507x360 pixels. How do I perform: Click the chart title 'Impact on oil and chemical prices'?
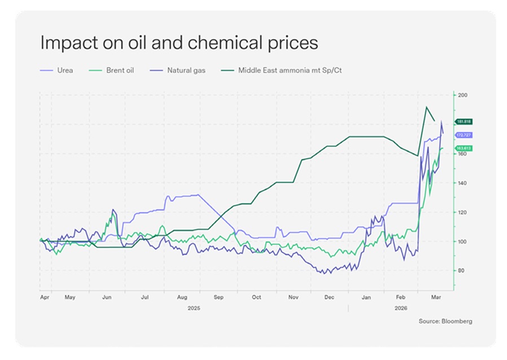pos(178,43)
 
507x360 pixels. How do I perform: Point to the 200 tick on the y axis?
pos(462,95)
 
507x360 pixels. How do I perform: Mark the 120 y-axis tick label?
pos(462,213)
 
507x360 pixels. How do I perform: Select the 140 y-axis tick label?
pos(462,183)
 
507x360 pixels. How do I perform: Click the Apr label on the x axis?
pos(44,296)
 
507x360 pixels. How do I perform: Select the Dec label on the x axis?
pos(330,296)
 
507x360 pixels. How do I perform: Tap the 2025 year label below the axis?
pos(194,309)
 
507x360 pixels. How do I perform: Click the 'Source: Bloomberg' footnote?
pos(445,321)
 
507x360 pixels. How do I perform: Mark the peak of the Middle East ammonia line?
pos(426,107)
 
